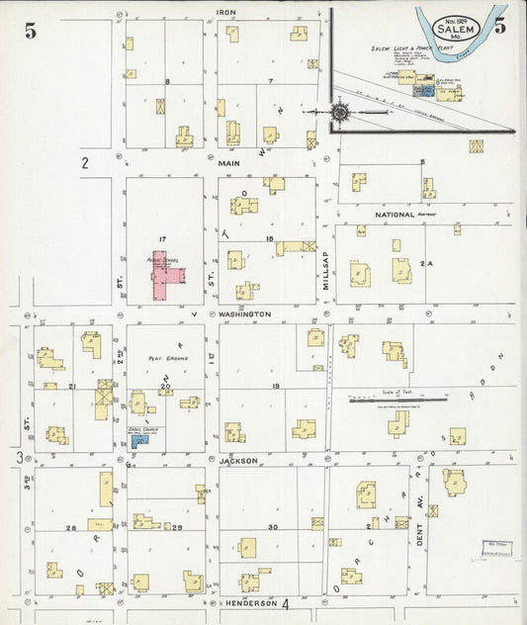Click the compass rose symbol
[339, 112]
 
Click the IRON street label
[225, 13]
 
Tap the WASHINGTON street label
[244, 313]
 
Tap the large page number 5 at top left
[31, 30]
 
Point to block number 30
[272, 527]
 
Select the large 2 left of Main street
[86, 164]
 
